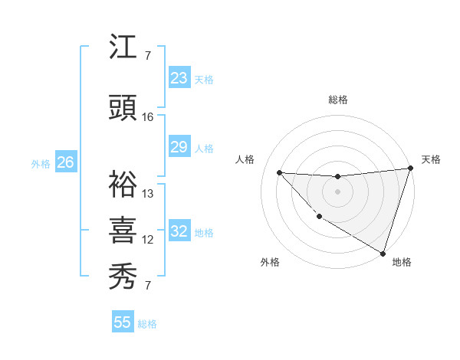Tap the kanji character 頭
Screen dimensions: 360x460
click(x=123, y=109)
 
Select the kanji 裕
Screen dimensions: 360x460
click(x=123, y=183)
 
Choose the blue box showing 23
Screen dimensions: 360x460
click(x=179, y=78)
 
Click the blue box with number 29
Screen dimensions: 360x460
click(x=179, y=147)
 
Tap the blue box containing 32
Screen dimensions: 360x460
click(x=179, y=232)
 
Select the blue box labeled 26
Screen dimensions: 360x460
click(x=65, y=162)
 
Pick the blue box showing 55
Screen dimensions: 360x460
click(x=123, y=322)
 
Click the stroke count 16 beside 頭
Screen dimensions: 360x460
click(x=148, y=117)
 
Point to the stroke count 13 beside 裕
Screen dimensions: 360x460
click(x=148, y=193)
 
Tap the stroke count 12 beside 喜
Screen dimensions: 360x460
click(x=148, y=240)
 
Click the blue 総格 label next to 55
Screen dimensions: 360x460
click(x=147, y=324)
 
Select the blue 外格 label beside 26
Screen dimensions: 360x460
click(x=41, y=163)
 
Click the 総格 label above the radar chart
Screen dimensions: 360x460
click(x=337, y=100)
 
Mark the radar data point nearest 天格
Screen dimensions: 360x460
click(x=411, y=169)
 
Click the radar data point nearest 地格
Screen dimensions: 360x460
click(x=383, y=252)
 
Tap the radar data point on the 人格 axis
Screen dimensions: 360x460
click(x=280, y=172)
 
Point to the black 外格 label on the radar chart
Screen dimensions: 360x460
click(x=270, y=262)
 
